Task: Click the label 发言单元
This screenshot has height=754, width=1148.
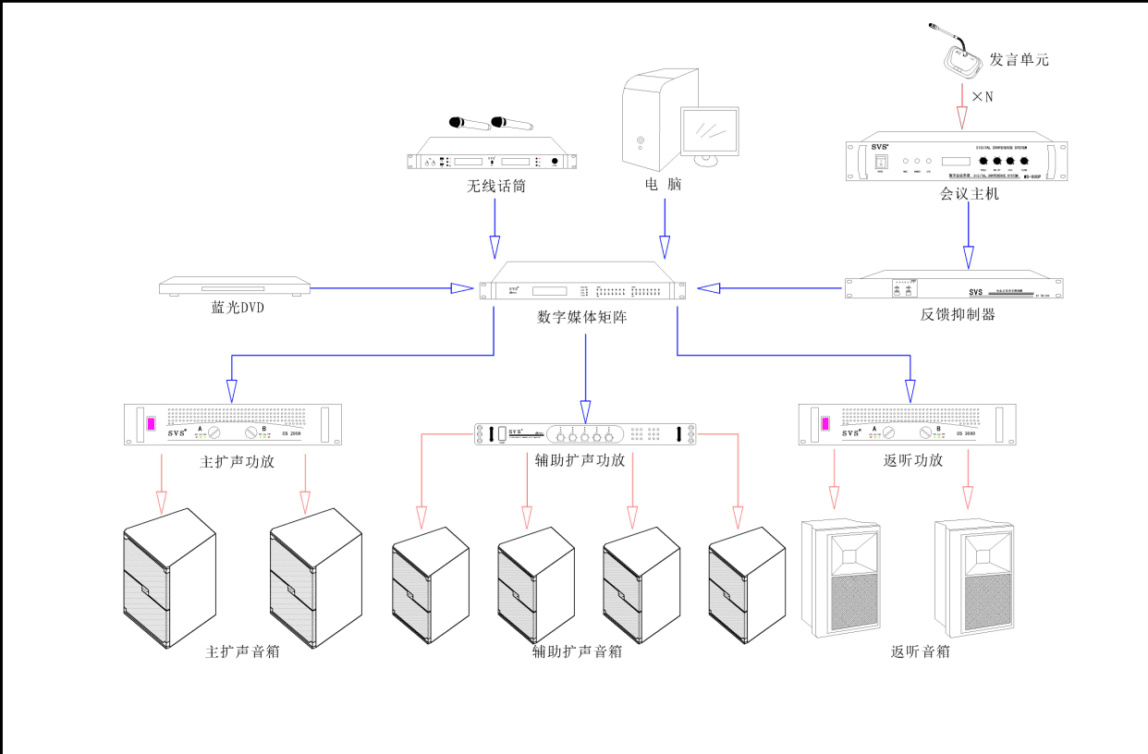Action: pos(1019,60)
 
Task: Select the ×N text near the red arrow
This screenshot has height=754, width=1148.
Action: pos(982,97)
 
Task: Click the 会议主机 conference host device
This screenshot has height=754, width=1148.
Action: pos(957,161)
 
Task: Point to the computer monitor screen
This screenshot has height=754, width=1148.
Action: pos(710,129)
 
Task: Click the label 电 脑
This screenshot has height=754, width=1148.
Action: pos(663,185)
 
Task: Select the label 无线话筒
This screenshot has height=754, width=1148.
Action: pos(496,188)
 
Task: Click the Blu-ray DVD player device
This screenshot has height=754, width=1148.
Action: pos(234,287)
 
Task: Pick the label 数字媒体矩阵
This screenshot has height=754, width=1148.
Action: pos(584,317)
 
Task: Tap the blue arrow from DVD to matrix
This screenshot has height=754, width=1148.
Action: pos(388,288)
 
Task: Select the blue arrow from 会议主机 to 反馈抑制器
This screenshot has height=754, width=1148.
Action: pos(968,237)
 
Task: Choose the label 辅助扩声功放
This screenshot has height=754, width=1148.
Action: pos(580,460)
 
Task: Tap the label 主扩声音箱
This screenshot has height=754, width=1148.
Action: pos(242,652)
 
